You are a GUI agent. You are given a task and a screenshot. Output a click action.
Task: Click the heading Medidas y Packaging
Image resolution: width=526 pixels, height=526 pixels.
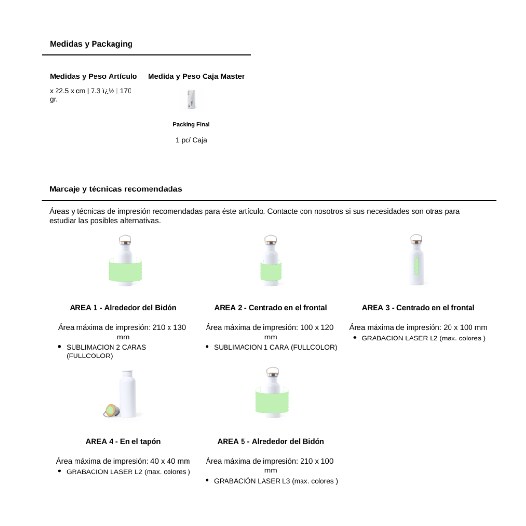(x=91, y=44)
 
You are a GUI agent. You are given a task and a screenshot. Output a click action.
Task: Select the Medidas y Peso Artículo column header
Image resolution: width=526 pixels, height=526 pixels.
(x=94, y=76)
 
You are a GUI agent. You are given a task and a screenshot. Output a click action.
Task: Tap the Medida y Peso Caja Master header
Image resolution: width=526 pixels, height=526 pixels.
(x=196, y=76)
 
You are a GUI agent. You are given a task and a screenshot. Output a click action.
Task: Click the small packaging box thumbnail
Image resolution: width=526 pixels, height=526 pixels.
(x=191, y=100)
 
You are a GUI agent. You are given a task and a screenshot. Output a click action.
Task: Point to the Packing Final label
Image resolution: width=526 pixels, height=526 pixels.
(x=191, y=124)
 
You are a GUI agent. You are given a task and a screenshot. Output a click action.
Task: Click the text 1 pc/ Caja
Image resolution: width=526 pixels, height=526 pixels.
(x=191, y=140)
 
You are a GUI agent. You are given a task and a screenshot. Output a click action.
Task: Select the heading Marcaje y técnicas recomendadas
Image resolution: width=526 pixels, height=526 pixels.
(x=115, y=189)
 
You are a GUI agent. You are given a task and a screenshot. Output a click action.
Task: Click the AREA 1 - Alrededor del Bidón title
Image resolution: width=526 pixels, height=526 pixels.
(x=123, y=308)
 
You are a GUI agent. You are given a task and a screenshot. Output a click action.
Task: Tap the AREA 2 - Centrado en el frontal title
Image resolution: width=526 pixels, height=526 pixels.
(x=270, y=308)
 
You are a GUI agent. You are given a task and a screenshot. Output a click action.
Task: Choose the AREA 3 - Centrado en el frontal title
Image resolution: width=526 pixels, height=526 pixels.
(x=418, y=308)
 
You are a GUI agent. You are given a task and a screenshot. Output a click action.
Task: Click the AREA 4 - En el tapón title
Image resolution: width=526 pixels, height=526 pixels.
(x=123, y=442)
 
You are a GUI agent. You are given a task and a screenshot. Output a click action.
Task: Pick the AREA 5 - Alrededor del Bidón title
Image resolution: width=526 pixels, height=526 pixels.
(x=270, y=442)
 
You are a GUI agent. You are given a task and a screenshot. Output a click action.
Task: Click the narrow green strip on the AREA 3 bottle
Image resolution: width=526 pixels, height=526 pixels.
(x=416, y=263)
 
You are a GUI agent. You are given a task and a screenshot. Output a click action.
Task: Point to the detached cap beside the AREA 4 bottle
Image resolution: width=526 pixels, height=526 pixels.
(x=112, y=410)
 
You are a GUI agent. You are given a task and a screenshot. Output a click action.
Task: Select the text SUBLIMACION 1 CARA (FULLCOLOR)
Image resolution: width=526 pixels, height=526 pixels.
(x=275, y=348)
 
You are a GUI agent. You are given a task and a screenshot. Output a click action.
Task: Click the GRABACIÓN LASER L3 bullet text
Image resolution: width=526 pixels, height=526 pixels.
(x=276, y=481)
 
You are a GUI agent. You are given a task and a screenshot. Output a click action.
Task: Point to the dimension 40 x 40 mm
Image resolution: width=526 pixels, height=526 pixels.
(x=170, y=461)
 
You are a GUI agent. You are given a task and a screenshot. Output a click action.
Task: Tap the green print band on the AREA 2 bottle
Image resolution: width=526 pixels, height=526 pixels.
(x=271, y=271)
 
